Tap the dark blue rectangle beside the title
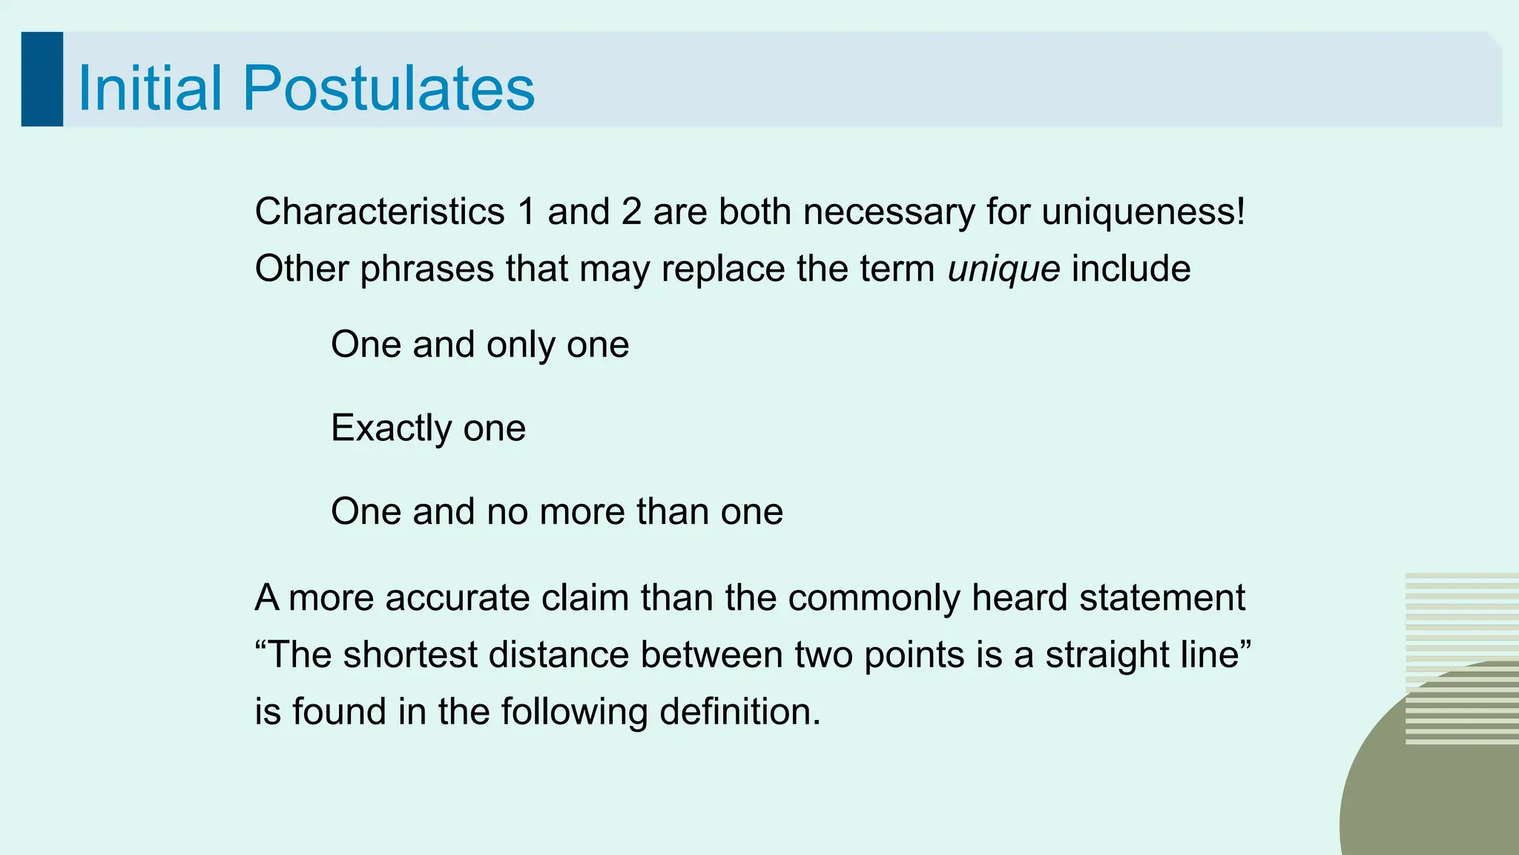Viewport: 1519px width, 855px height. tap(42, 79)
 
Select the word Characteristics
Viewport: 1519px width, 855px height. tap(380, 212)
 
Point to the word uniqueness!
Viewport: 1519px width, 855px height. tap(1143, 212)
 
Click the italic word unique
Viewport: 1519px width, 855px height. tap(1004, 269)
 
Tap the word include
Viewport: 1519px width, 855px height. tap(1131, 269)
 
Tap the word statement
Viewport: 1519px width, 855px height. tap(1162, 598)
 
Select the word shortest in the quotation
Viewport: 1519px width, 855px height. tap(409, 655)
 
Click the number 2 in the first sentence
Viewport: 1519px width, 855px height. tap(631, 212)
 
